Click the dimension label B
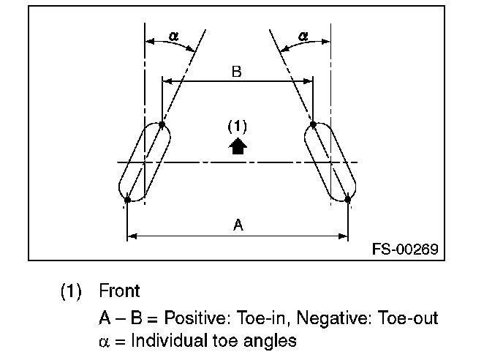point(237,72)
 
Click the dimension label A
point(238,225)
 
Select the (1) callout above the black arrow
point(237,126)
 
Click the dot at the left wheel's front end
point(162,125)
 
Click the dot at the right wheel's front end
point(313,125)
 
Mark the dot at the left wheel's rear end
point(127,199)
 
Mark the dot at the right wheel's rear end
point(348,198)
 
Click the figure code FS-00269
point(404,250)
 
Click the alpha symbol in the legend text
point(104,340)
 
